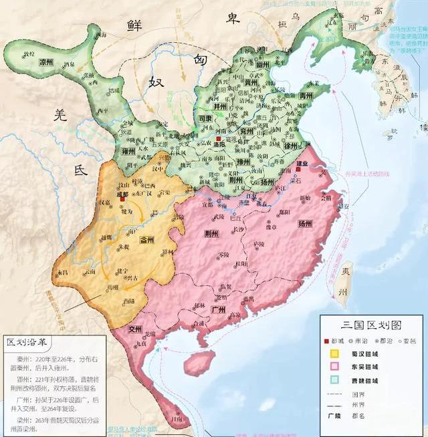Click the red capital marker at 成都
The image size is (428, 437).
(x=122, y=198)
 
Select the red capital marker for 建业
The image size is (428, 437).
(x=300, y=170)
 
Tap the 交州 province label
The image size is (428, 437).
(x=136, y=329)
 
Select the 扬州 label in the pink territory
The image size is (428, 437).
(x=304, y=223)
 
